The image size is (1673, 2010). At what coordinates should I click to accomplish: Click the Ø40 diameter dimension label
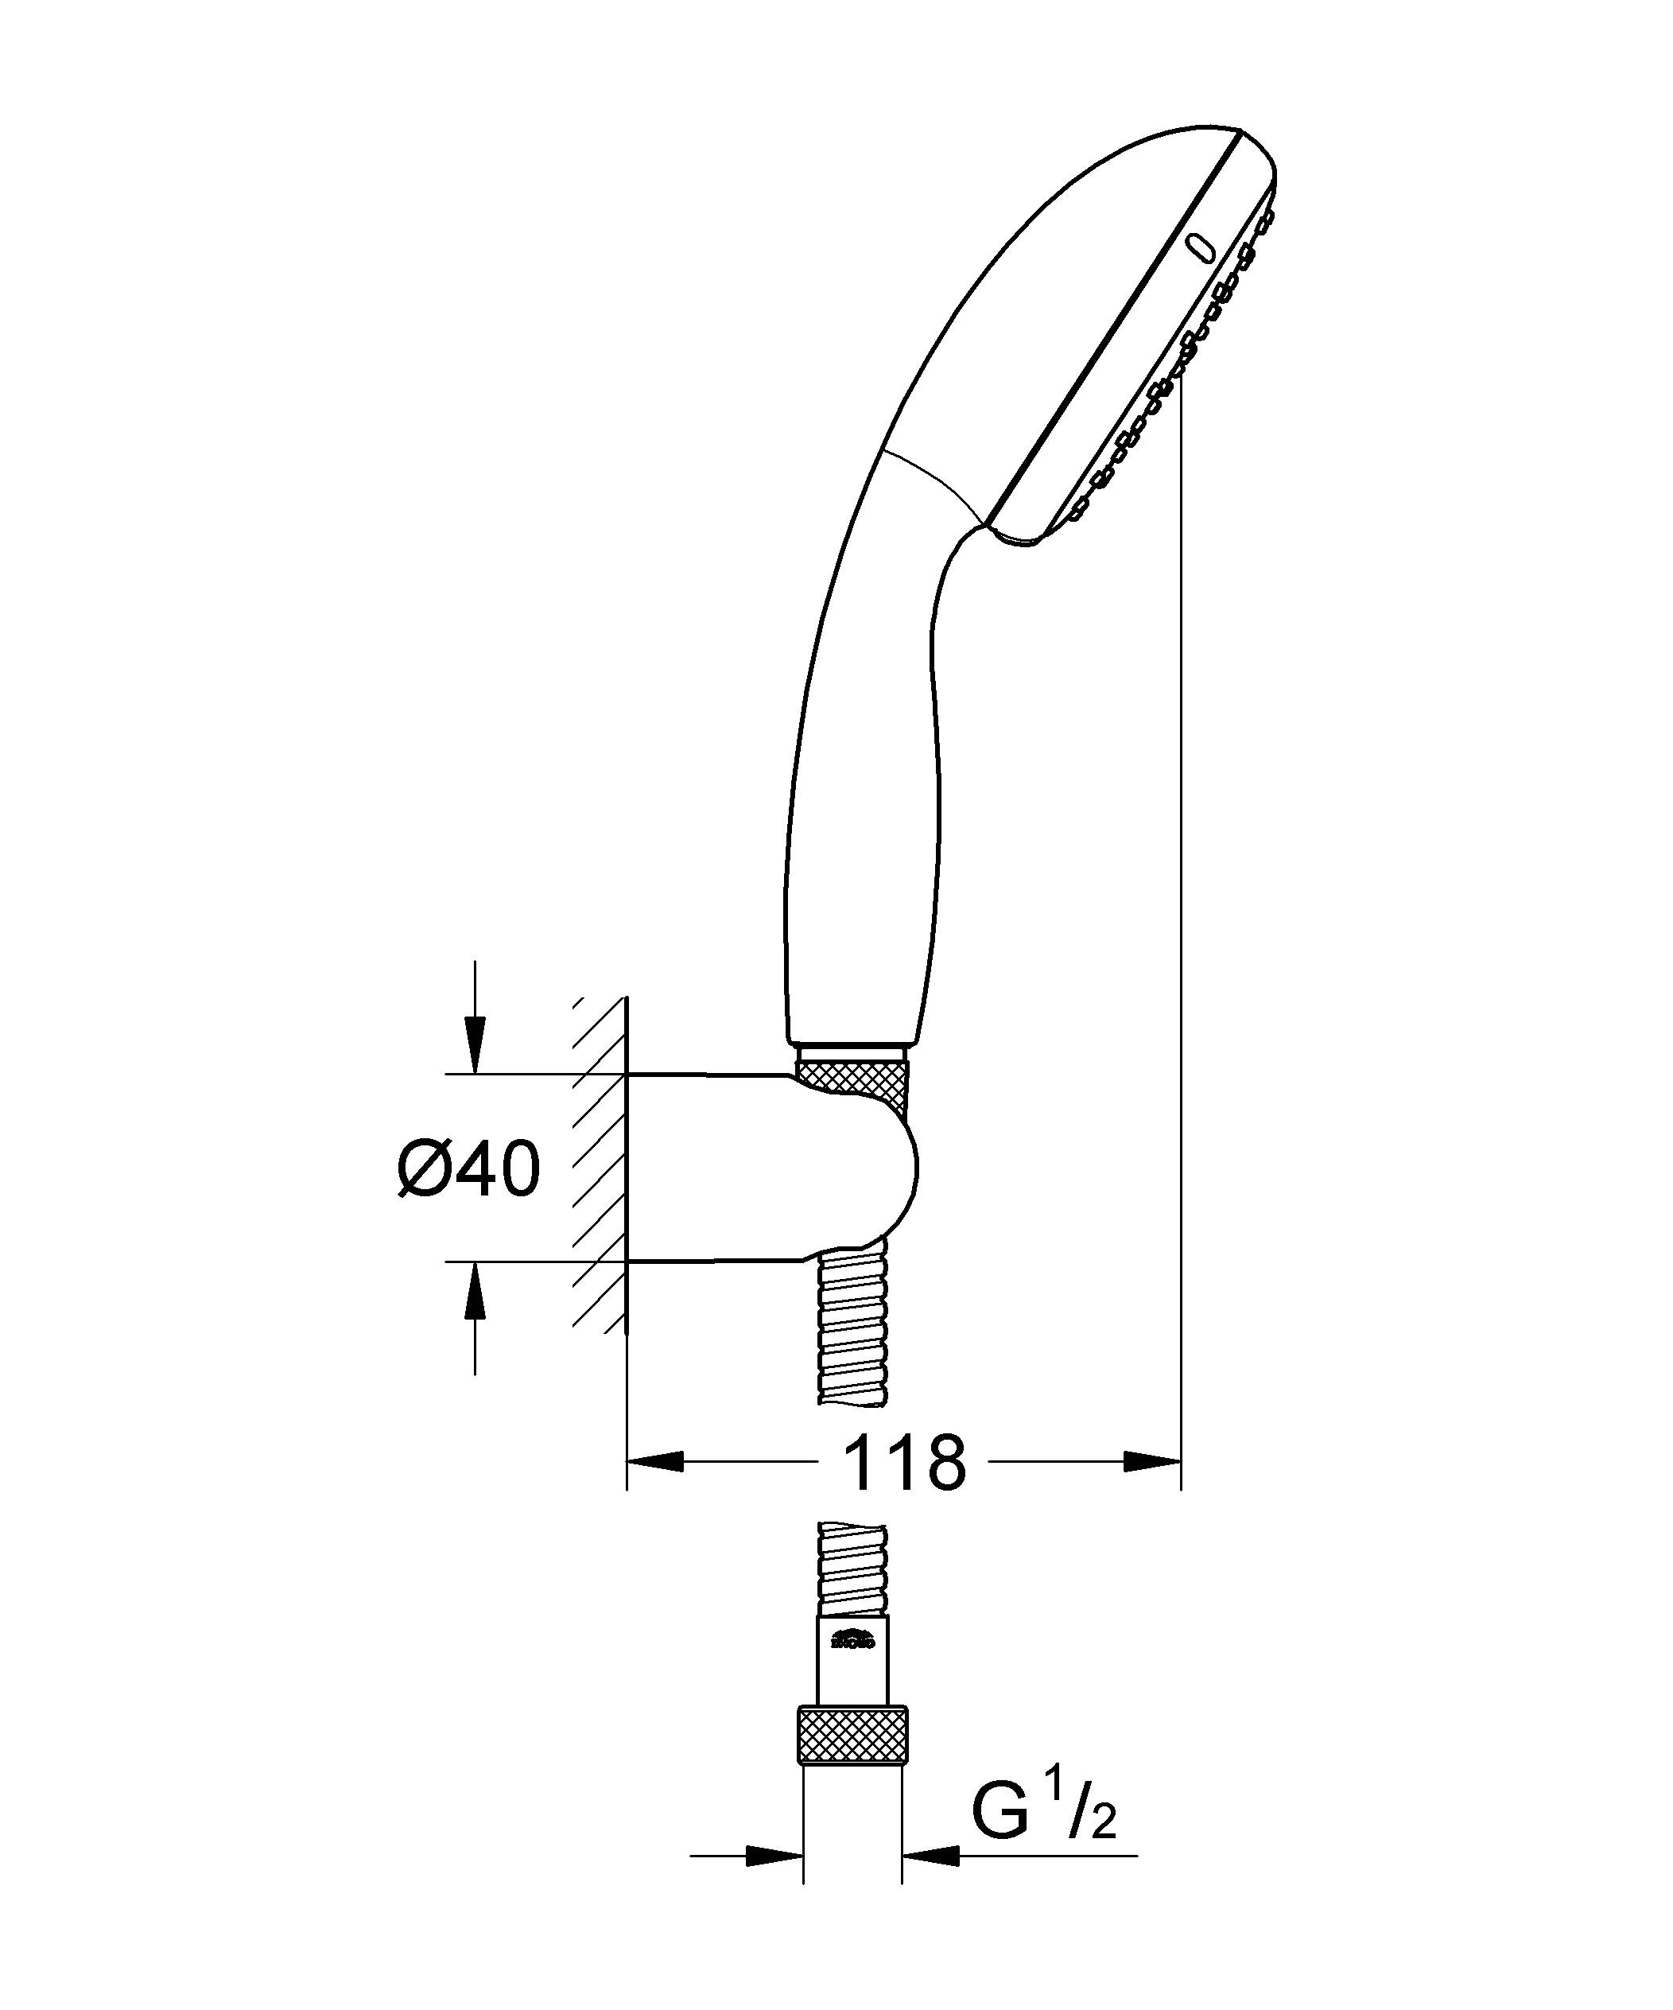[469, 1169]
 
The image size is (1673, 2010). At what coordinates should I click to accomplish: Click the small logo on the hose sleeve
[852, 1639]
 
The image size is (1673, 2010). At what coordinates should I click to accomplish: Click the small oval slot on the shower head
[1200, 248]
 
